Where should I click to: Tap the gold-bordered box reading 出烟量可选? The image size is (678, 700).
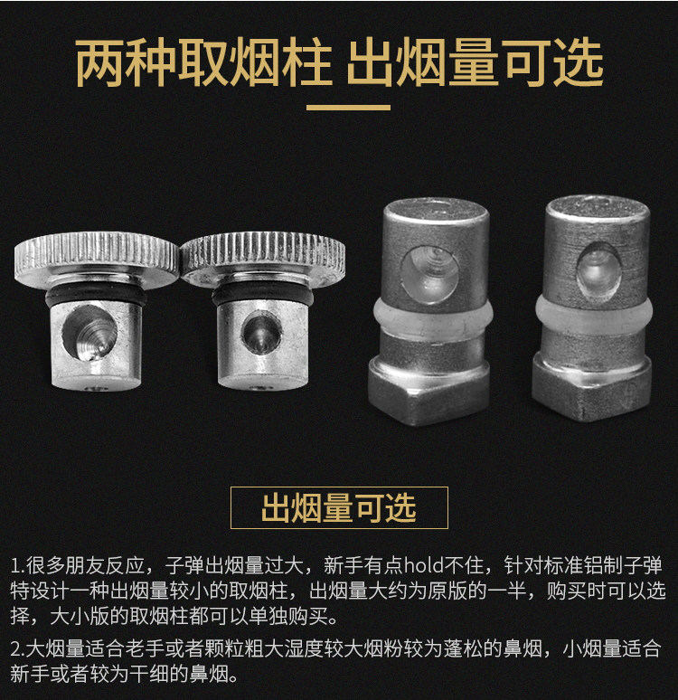click(339, 507)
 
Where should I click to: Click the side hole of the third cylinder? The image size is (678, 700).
click(428, 271)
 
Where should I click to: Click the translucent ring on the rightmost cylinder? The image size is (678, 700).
click(595, 318)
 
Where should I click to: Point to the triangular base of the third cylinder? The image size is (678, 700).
click(428, 389)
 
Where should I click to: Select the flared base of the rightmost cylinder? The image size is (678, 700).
click(592, 384)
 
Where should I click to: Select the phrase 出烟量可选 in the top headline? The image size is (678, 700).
click(476, 63)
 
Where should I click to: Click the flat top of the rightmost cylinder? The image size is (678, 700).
click(598, 207)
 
